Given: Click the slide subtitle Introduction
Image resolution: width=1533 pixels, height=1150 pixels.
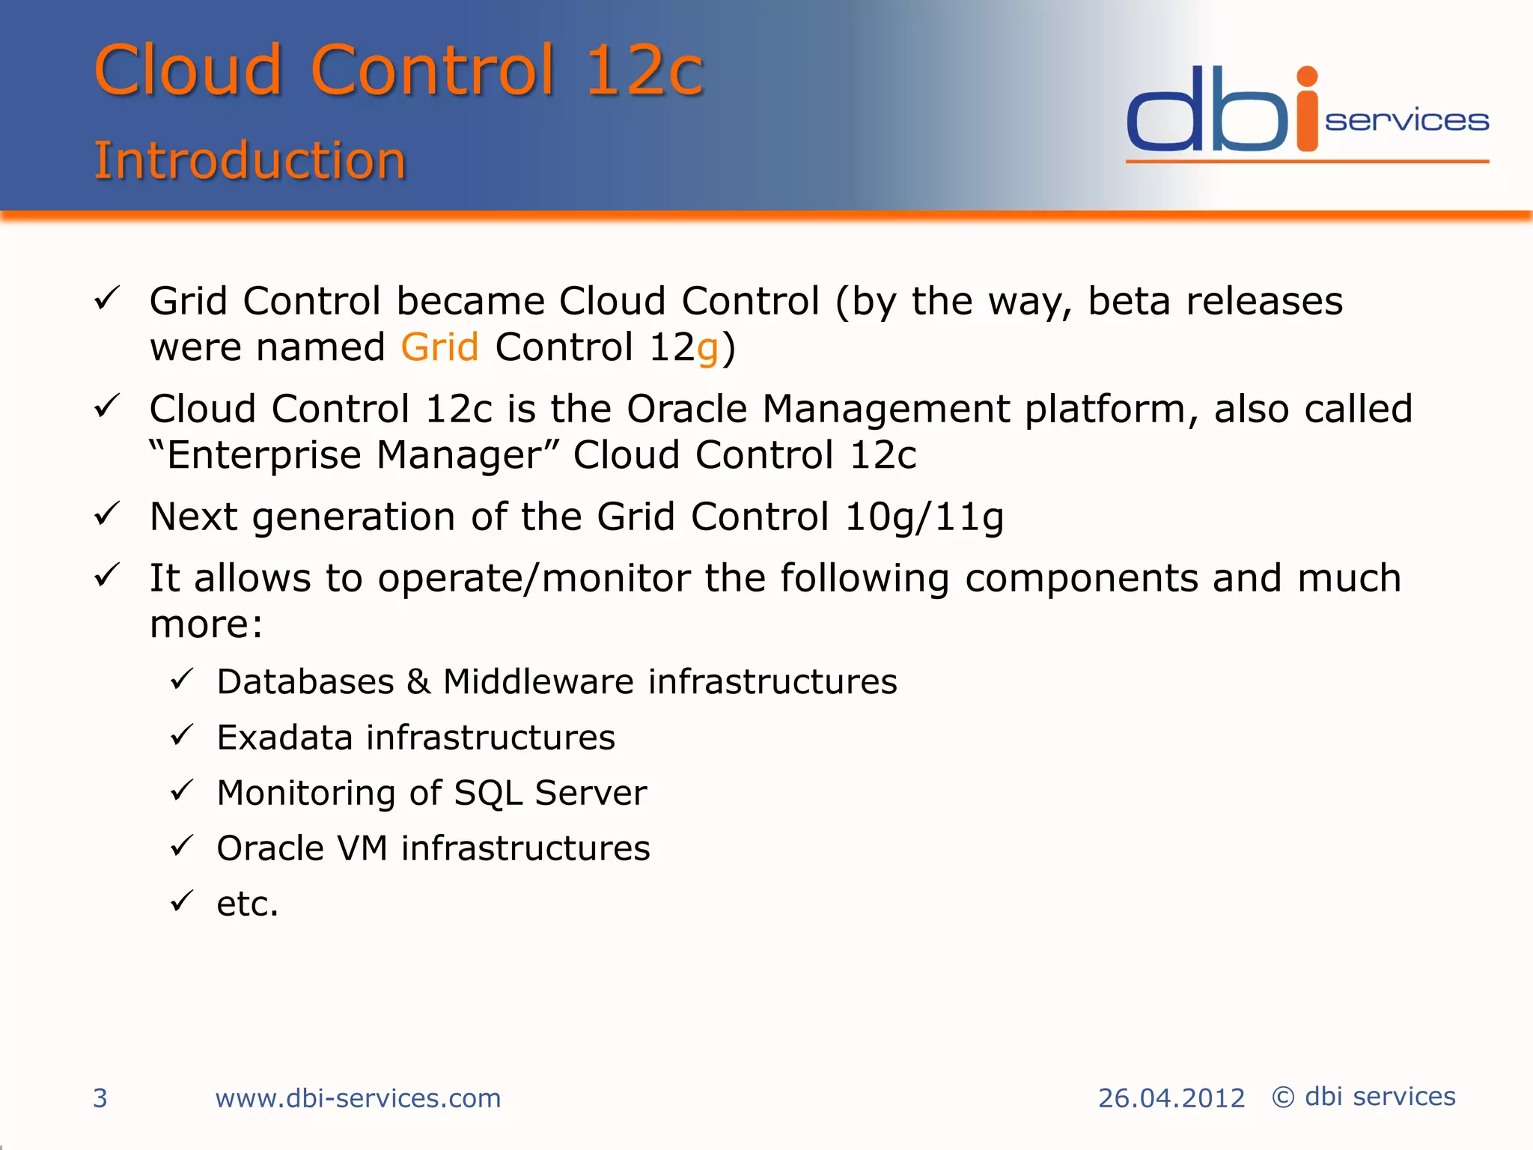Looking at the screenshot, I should [x=249, y=161].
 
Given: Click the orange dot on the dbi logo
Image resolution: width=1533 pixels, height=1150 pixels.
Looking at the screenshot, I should [x=1307, y=76].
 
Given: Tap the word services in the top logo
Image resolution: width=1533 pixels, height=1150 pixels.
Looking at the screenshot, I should [x=1406, y=121].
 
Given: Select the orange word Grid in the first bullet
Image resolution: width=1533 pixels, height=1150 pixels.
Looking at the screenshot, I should [x=439, y=347].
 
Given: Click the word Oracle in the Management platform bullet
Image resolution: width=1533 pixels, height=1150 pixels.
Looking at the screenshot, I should [x=686, y=410].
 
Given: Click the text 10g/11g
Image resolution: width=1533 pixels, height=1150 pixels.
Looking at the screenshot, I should [x=924, y=517].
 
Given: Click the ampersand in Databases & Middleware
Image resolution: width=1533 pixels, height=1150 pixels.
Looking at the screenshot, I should [x=418, y=682].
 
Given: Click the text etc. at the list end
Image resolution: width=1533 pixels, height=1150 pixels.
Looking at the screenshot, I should [x=247, y=904].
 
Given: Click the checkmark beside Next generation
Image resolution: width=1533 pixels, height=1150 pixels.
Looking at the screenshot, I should [x=107, y=514].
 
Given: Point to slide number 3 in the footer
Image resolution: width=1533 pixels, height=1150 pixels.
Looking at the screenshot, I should [x=100, y=1098].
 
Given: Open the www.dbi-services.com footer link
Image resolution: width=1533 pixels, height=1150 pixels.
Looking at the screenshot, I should [x=358, y=1098].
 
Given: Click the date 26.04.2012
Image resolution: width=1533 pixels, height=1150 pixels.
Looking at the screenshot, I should [x=1171, y=1098].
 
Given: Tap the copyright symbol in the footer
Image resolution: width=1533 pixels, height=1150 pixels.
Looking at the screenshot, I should [x=1283, y=1098].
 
